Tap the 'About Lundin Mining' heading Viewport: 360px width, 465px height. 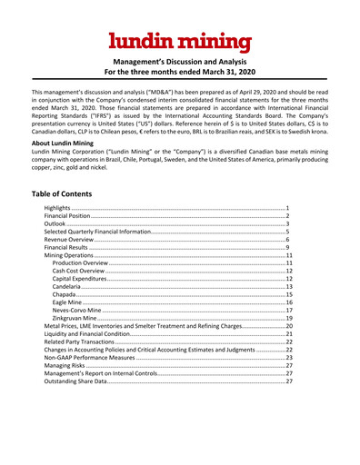tap(66, 143)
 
